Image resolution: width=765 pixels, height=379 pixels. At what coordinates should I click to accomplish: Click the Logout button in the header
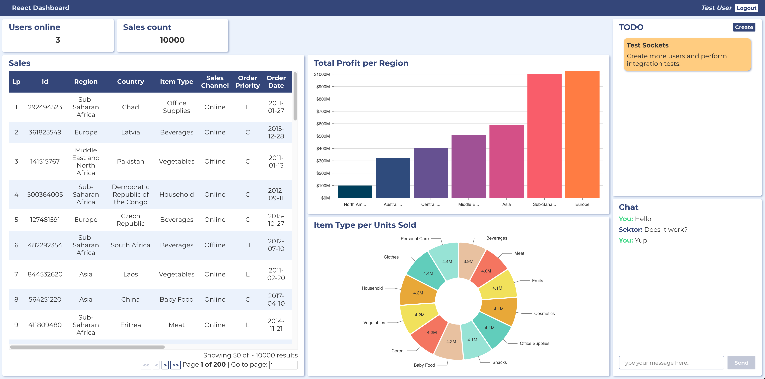(746, 8)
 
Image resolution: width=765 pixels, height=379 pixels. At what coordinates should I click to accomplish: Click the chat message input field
(671, 363)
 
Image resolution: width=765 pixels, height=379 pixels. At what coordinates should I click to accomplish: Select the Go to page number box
(283, 365)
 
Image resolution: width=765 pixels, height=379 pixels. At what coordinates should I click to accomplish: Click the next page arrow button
(165, 365)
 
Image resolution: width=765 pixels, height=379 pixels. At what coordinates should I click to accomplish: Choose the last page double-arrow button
(175, 365)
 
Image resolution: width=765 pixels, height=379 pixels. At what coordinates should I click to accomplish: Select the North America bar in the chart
(355, 191)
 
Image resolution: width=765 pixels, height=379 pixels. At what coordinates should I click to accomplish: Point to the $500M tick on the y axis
(323, 136)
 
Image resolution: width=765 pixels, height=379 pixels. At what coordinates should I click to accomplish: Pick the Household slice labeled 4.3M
(418, 293)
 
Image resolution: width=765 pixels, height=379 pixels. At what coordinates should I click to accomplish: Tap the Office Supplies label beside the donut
(534, 343)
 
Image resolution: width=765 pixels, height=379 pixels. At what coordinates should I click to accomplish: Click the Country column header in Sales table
(130, 82)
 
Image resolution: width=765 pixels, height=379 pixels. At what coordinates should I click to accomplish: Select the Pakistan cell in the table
(130, 161)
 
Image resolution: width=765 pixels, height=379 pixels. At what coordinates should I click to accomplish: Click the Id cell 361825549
(45, 132)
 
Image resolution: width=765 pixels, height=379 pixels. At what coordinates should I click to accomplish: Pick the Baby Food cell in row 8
(176, 299)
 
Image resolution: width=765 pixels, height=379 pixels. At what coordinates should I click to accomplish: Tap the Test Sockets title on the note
(647, 45)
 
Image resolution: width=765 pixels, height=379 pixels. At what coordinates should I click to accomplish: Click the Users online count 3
(58, 40)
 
